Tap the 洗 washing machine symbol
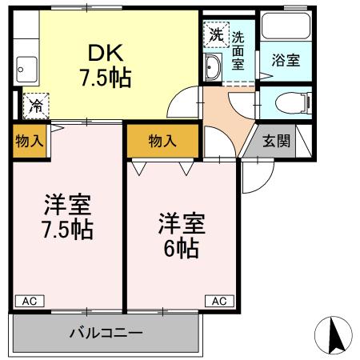tap(215, 34)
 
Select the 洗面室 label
tap(239, 50)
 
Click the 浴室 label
tap(285, 60)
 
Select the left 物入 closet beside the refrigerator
tap(28, 141)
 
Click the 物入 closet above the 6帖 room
tap(162, 141)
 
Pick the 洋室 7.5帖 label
tap(67, 216)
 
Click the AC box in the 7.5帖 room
tap(29, 301)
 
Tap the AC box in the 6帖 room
tap(219, 301)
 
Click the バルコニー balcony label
tap(105, 330)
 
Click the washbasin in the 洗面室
tap(214, 68)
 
